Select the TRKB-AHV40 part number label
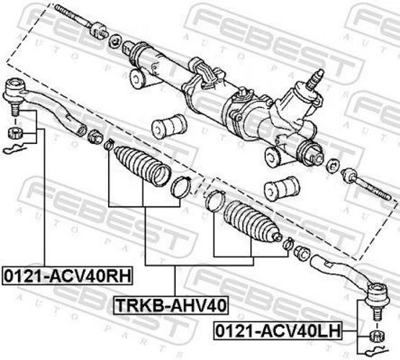click(171, 305)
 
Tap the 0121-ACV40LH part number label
click(284, 331)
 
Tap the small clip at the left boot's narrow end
click(109, 147)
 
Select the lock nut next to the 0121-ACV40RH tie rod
click(94, 135)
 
